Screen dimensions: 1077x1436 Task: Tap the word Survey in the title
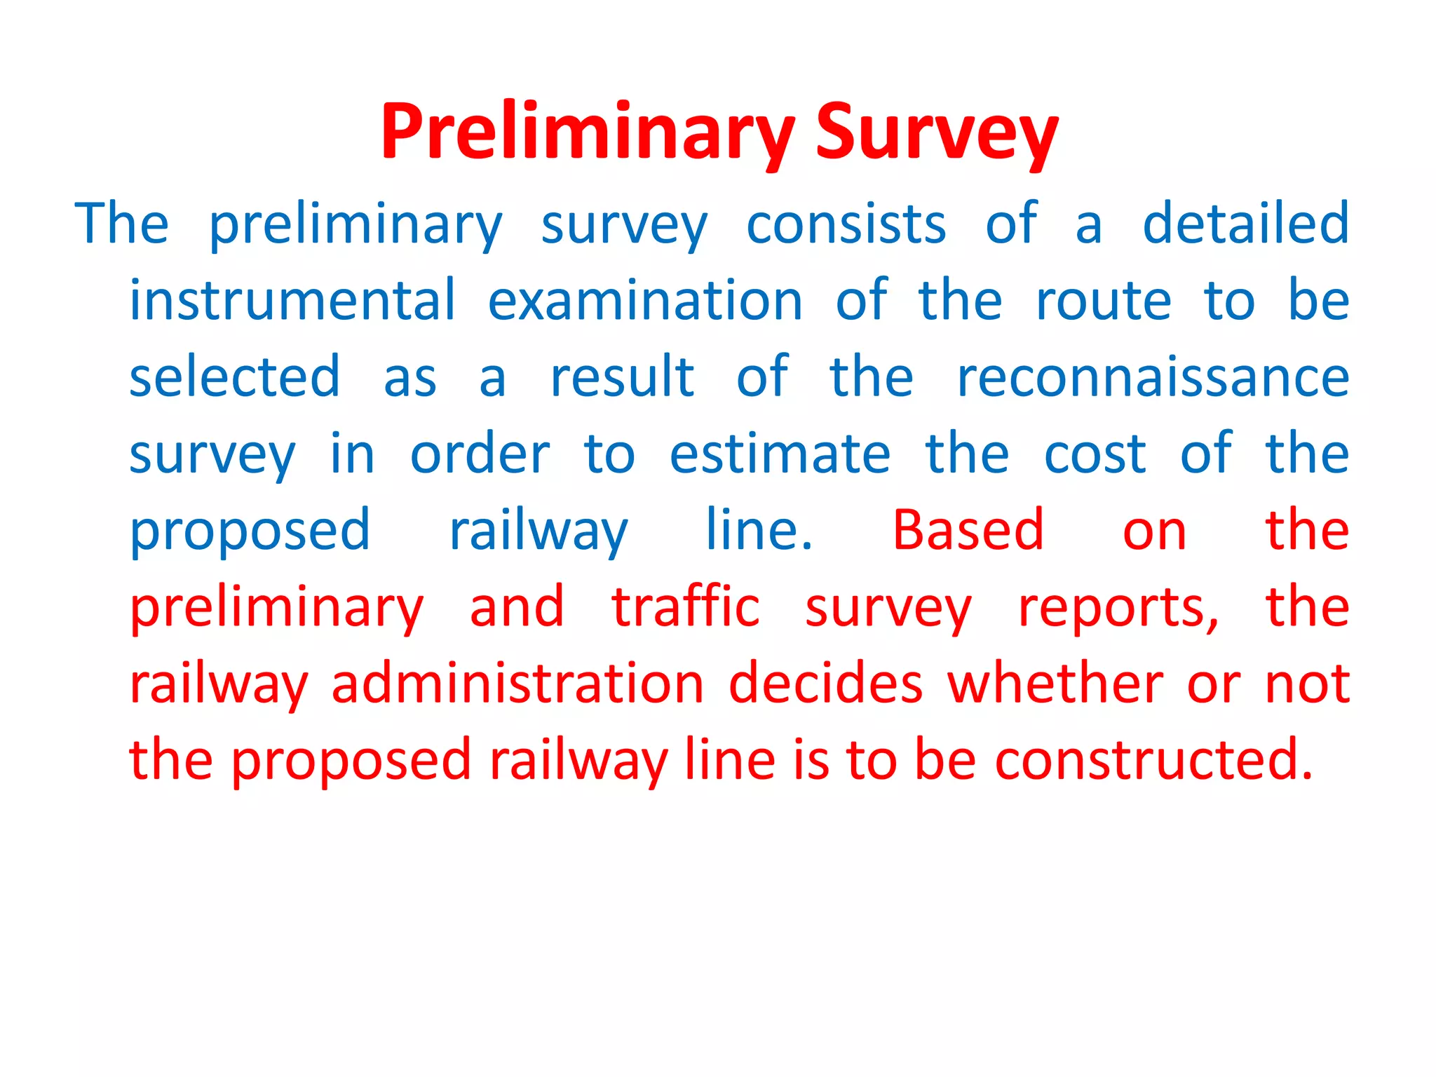pyautogui.click(x=936, y=133)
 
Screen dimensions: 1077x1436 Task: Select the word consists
pyautogui.click(x=846, y=224)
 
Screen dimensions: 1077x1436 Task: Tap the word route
pyautogui.click(x=1103, y=302)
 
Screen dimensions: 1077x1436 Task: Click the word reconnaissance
pyautogui.click(x=1153, y=378)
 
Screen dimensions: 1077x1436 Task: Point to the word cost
pyautogui.click(x=1095, y=455)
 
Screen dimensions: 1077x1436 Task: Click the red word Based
pyautogui.click(x=968, y=530)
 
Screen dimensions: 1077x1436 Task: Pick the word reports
pyautogui.click(x=1118, y=609)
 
